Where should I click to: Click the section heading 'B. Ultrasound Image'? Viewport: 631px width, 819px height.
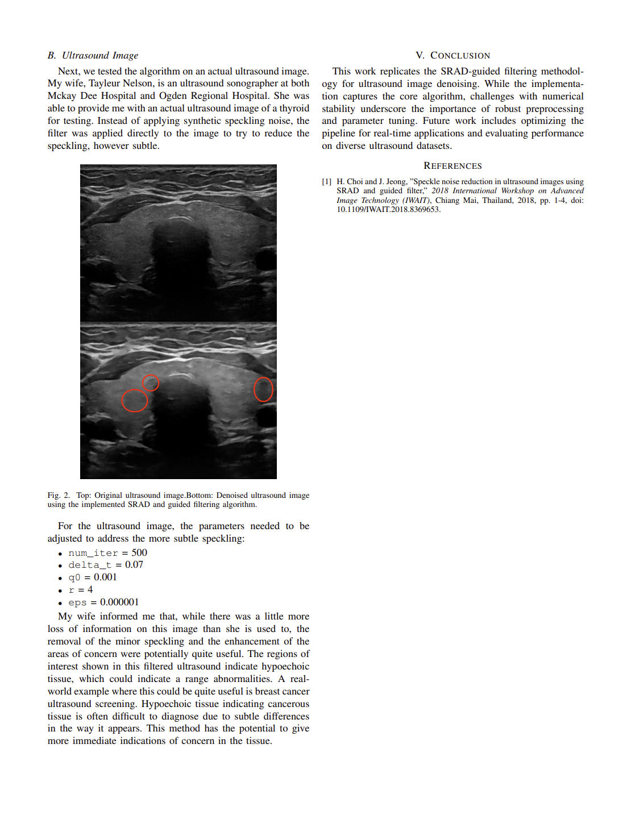(x=93, y=55)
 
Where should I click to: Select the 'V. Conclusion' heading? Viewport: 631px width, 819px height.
(x=453, y=55)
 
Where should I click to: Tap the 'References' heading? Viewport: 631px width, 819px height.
(x=453, y=165)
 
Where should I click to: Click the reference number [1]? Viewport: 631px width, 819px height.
(x=326, y=182)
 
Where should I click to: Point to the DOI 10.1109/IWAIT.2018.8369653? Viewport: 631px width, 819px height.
(x=388, y=209)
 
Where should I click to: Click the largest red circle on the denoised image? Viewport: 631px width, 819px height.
(x=135, y=401)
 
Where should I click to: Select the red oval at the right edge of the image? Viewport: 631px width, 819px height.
(x=263, y=389)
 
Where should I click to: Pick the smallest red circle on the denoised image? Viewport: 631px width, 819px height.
(x=150, y=383)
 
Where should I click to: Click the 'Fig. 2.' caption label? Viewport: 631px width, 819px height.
(x=59, y=496)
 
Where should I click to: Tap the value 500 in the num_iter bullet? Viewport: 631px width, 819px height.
(x=139, y=553)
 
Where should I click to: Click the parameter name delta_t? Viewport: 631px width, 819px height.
(x=90, y=565)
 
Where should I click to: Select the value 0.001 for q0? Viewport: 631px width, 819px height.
(x=105, y=577)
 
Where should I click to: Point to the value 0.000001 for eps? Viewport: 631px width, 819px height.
(x=119, y=602)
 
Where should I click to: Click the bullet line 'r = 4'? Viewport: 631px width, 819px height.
(x=81, y=590)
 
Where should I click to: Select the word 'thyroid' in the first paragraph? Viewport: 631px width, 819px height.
(x=294, y=109)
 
